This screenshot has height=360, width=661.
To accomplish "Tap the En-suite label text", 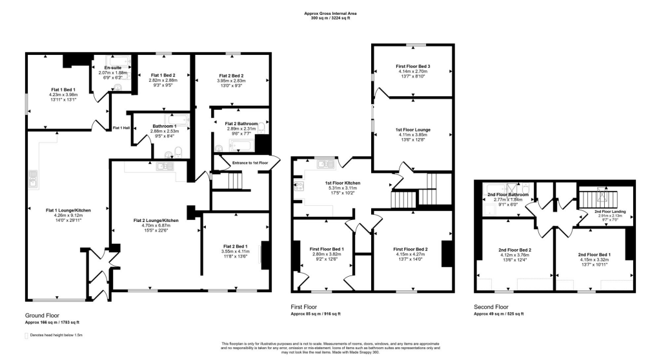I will pyautogui.click(x=113, y=67).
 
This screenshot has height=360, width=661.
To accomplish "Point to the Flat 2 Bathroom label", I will pyautogui.click(x=241, y=123).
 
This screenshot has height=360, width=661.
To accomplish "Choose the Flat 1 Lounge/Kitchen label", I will pyautogui.click(x=67, y=210).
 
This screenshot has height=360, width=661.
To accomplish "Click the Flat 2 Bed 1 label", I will pyautogui.click(x=236, y=246).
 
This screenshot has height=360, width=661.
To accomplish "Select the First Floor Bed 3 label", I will pyautogui.click(x=413, y=66).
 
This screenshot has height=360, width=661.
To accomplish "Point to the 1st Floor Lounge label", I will pyautogui.click(x=413, y=130).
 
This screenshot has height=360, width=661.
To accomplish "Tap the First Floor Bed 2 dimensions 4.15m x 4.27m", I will pyautogui.click(x=413, y=254).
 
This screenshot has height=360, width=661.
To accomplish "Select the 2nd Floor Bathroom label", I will pyautogui.click(x=507, y=194).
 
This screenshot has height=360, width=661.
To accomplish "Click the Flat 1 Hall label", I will pyautogui.click(x=121, y=128).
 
